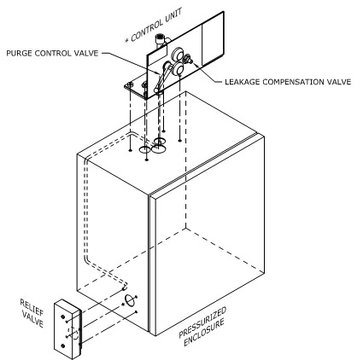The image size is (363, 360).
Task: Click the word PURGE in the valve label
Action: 19,53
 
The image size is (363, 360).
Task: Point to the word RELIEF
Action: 32,307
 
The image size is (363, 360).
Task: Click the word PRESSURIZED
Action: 202,322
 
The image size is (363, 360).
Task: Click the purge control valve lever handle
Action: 162,78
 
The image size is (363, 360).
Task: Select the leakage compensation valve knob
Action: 188,58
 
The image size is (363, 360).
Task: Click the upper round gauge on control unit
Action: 178,54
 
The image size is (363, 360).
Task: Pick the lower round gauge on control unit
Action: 179,69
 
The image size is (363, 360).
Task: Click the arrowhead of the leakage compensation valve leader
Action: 195,63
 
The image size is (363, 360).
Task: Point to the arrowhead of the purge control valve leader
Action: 159,73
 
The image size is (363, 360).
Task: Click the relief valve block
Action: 67,329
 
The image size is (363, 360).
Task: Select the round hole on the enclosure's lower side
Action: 130,301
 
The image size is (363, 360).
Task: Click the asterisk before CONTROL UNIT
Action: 127,40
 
